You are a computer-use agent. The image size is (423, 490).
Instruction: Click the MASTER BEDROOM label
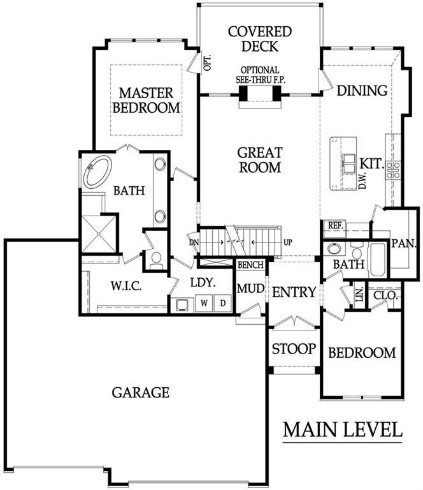coord(147,101)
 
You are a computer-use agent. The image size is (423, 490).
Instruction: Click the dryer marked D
coord(224,303)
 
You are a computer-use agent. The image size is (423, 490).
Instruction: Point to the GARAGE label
coord(141,392)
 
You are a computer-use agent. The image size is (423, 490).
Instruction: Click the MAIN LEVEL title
coord(342,429)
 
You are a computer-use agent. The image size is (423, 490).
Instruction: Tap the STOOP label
coord(294,349)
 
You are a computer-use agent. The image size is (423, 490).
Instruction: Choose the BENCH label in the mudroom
coord(250,265)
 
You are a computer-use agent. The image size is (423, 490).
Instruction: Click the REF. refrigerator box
coord(334,226)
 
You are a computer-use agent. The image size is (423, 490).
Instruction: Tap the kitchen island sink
coord(349,161)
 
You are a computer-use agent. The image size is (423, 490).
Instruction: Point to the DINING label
coord(362,91)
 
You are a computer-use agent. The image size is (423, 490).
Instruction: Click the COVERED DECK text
coord(260,38)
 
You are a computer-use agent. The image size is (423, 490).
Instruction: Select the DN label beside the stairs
coord(193,242)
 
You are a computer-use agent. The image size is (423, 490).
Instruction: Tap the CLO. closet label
coord(387,296)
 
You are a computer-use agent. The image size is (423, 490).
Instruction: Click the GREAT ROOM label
coord(259,160)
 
